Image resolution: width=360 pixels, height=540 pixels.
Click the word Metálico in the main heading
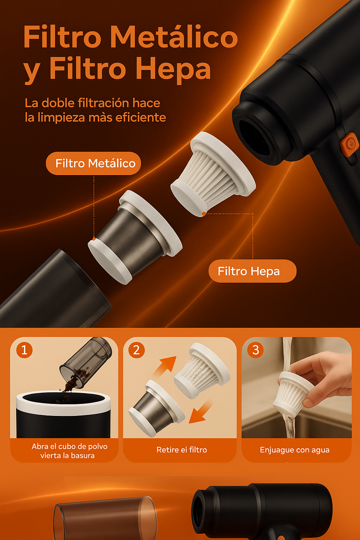coord(175,37)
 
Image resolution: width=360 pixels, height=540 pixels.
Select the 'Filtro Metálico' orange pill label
coord(93,163)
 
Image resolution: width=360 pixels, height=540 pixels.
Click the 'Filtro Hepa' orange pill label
coord(252,271)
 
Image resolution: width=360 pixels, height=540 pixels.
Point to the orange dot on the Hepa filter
coord(204,214)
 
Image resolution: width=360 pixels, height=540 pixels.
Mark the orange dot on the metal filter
coord(94,239)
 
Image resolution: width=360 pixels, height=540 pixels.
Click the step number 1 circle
coord(24,350)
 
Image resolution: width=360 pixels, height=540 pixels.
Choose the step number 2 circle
coord(136,350)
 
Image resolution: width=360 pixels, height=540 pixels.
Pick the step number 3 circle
coord(256,350)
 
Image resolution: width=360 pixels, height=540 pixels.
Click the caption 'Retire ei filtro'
coord(181,450)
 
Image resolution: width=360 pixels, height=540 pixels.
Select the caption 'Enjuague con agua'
coord(294,450)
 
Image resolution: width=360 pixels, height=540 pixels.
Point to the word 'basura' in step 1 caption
coord(82,456)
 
